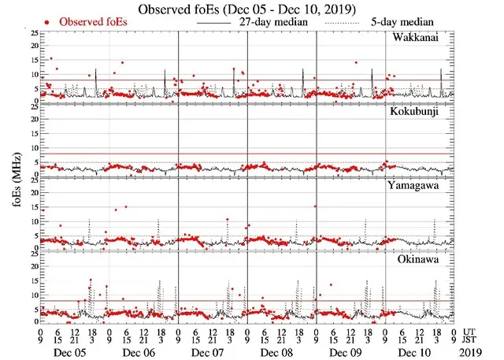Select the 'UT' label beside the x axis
pyautogui.click(x=470, y=332)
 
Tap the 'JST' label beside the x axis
pyautogui.click(x=472, y=340)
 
